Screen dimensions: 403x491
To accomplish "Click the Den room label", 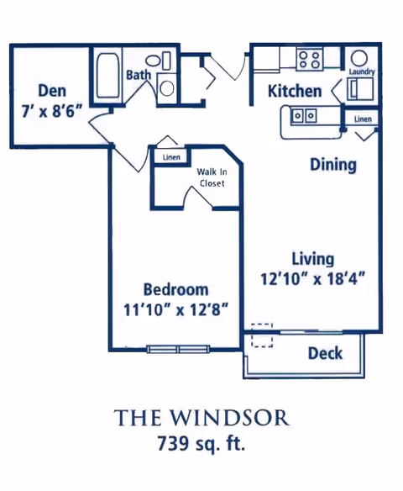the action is [x=52, y=91].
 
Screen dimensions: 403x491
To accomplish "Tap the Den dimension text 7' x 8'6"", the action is [x=52, y=111].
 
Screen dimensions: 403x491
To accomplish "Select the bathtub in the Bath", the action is [x=107, y=76].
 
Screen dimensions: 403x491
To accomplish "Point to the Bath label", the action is [x=139, y=75].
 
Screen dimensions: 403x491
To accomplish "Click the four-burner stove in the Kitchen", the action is [x=309, y=60].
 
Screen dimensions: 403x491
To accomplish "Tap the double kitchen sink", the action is [x=304, y=116].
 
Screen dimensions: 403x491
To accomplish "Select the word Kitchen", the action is [x=295, y=91].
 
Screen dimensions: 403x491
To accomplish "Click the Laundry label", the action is [x=362, y=71].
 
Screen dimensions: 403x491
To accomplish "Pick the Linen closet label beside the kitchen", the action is [x=363, y=119].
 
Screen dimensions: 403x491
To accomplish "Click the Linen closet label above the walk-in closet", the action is [x=171, y=157].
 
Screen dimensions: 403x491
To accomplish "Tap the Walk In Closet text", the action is [x=212, y=177].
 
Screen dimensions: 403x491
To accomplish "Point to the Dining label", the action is [x=333, y=165].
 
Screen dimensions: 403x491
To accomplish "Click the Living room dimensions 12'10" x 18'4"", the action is [x=313, y=278].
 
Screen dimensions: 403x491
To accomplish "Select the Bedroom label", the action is [x=175, y=289].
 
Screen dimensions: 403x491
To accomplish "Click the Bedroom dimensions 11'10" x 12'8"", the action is [x=175, y=309].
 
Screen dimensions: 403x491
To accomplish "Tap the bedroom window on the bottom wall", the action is [x=178, y=349].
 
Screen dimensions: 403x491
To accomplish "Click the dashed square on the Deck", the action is [x=262, y=335].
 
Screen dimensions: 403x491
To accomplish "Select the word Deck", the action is [x=325, y=353].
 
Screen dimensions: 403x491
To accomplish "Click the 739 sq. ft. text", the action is [x=201, y=444].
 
